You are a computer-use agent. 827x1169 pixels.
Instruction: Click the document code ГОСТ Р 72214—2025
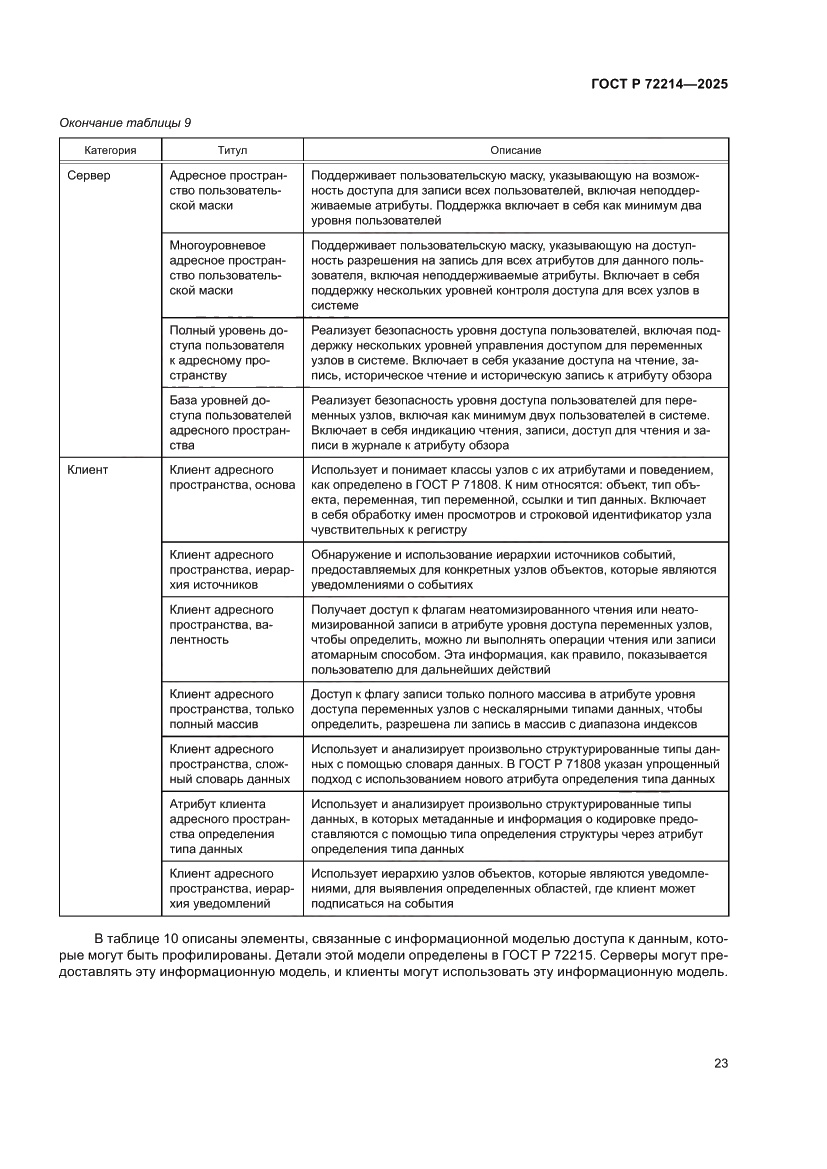click(x=654, y=84)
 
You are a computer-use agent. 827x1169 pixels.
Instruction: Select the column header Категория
click(x=109, y=150)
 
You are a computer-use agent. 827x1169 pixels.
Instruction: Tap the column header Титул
click(x=231, y=150)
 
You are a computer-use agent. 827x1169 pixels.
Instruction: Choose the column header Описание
click(x=515, y=150)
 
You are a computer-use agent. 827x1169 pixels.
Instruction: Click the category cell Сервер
click(x=89, y=175)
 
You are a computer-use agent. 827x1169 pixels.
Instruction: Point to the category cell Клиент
click(x=87, y=468)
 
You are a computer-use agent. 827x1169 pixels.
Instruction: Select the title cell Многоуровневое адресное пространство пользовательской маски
click(x=231, y=268)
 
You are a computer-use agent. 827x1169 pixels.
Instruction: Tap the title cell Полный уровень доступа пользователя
click(x=231, y=353)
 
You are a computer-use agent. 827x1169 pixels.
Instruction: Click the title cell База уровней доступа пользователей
click(x=231, y=423)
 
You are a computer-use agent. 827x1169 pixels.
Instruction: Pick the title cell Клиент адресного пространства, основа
click(x=231, y=476)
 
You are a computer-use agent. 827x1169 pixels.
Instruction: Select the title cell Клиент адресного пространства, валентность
click(x=231, y=624)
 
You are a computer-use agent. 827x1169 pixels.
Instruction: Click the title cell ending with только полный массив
click(x=231, y=708)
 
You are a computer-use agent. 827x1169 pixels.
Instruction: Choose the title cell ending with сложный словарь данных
click(x=231, y=764)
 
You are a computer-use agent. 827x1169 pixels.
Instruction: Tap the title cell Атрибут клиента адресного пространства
click(x=231, y=827)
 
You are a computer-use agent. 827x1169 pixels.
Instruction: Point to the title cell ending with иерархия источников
click(x=231, y=569)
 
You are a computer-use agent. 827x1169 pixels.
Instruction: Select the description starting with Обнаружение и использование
click(x=515, y=569)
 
